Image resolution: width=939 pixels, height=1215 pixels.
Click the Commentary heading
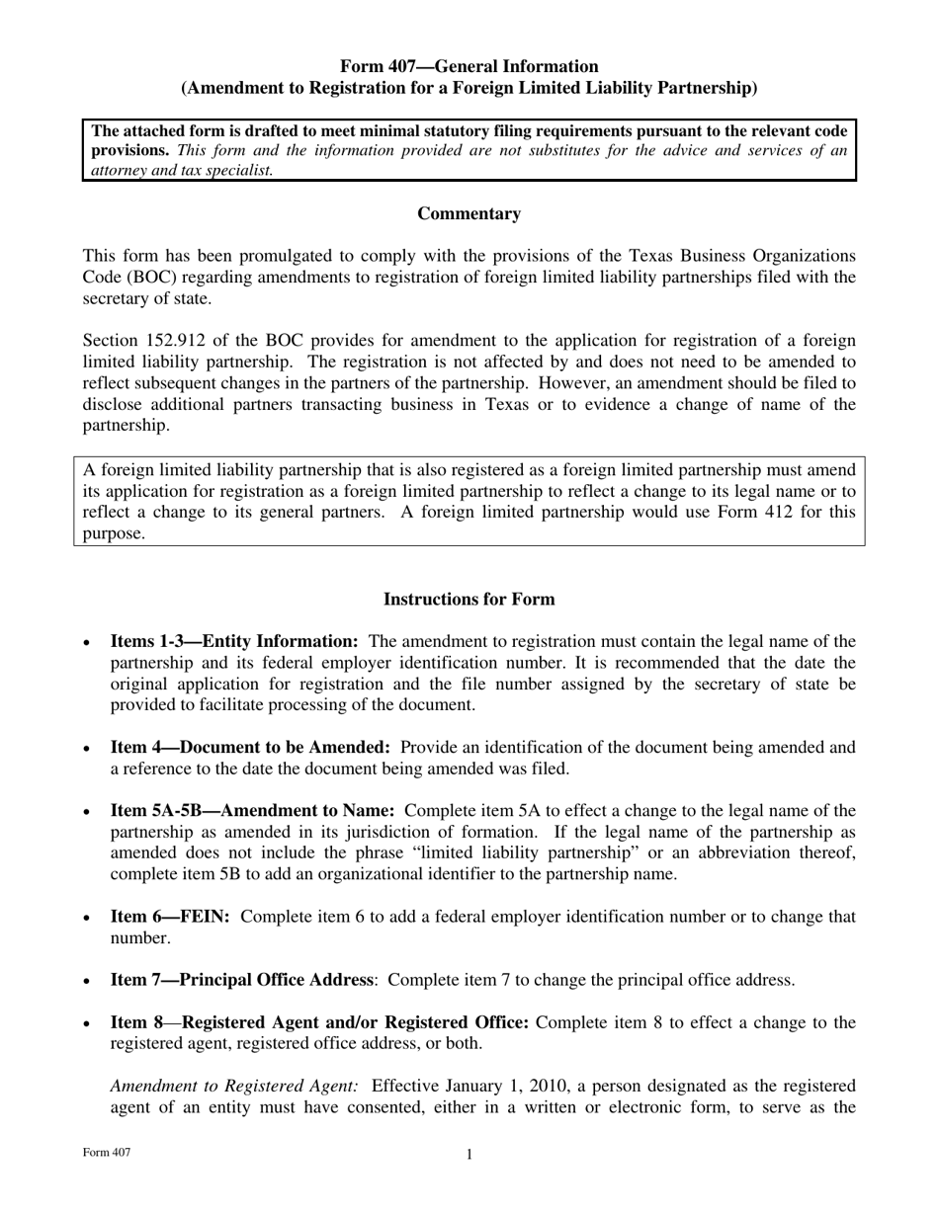pyautogui.click(x=469, y=214)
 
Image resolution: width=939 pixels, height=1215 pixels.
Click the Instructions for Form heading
pyautogui.click(x=469, y=600)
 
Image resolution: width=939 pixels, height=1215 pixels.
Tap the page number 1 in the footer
pyautogui.click(x=469, y=1155)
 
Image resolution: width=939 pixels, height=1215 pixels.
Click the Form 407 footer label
pyautogui.click(x=106, y=1153)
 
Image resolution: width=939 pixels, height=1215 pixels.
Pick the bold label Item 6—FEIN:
pyautogui.click(x=170, y=917)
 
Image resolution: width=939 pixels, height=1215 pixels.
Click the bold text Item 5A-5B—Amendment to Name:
pyautogui.click(x=252, y=811)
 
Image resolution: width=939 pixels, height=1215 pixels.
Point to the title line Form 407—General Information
pyautogui.click(x=469, y=67)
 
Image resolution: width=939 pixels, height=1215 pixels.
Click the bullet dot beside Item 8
pyautogui.click(x=88, y=1023)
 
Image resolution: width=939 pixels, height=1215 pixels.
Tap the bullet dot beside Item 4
pyautogui.click(x=88, y=749)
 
